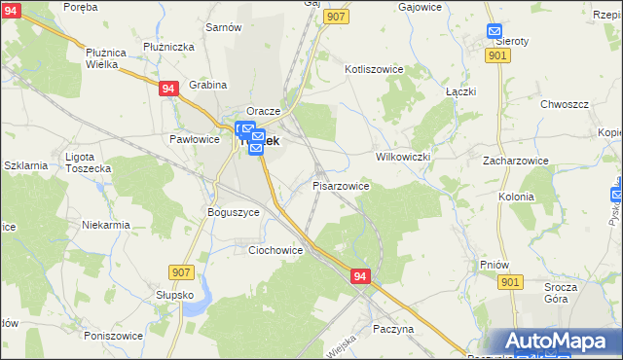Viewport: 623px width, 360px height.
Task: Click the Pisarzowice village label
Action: [340, 185]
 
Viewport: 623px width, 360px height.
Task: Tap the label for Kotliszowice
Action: [374, 70]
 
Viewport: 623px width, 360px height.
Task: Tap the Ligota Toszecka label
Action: [88, 162]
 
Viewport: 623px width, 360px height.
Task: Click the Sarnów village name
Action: [223, 27]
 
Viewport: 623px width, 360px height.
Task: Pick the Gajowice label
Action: [422, 6]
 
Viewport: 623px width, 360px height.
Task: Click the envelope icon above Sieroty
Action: [494, 30]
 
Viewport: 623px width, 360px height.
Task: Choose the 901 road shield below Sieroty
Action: [497, 56]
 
